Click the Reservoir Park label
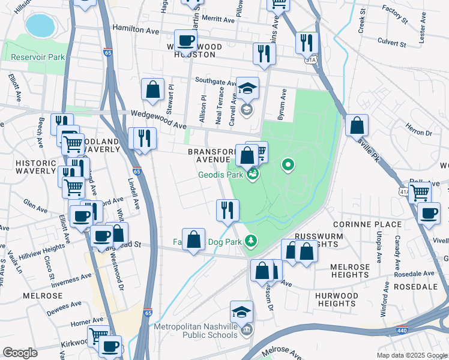pyautogui.click(x=38, y=58)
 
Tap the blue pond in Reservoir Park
pyautogui.click(x=40, y=25)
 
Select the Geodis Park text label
pyautogui.click(x=221, y=175)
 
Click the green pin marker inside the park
pyautogui.click(x=288, y=165)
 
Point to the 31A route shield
pyautogui.click(x=310, y=60)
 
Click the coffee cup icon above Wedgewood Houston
pyautogui.click(x=185, y=41)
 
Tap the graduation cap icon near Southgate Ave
pyautogui.click(x=247, y=88)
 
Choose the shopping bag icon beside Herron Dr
pyautogui.click(x=357, y=125)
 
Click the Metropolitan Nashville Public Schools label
pyautogui.click(x=196, y=331)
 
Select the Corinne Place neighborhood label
pyautogui.click(x=370, y=224)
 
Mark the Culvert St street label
pyautogui.click(x=393, y=42)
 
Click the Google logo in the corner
pyautogui.click(x=20, y=353)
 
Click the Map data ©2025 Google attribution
pyautogui.click(x=411, y=355)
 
